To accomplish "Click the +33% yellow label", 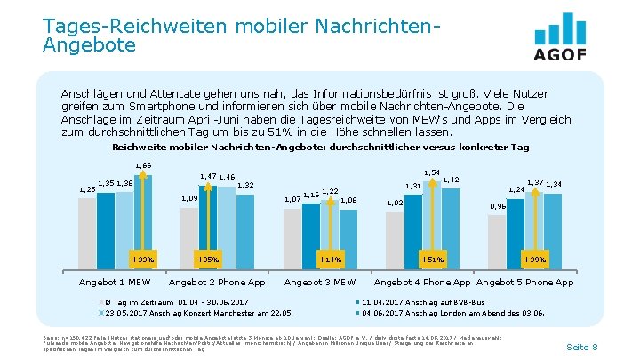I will (142, 260).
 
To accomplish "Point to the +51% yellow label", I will (432, 260).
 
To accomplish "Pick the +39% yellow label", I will (535, 260).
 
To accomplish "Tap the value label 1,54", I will (433, 172).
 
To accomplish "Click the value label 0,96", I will (499, 206).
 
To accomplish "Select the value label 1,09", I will (189, 198).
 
